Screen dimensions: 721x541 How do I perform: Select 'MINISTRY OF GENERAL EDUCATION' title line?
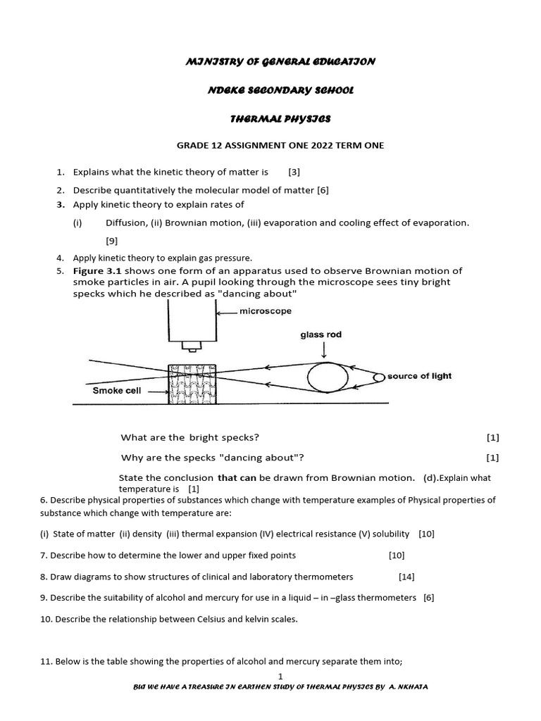point(280,61)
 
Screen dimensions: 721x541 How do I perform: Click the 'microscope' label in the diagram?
point(266,311)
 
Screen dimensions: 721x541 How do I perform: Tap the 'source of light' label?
point(419,376)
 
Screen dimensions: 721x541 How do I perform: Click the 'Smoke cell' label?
point(117,391)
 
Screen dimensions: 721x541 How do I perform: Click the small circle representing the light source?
point(379,377)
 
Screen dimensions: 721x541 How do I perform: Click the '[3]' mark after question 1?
point(294,171)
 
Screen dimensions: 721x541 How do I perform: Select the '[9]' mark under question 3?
point(112,240)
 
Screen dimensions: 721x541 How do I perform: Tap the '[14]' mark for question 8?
point(406,577)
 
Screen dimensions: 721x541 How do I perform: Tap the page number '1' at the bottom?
point(280,676)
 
